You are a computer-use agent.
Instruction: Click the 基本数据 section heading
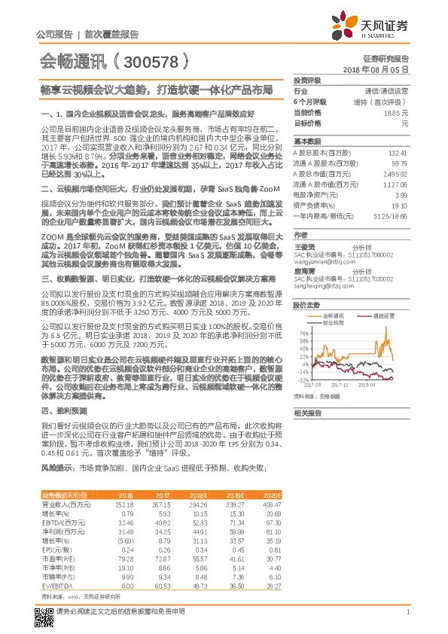click(x=307, y=142)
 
